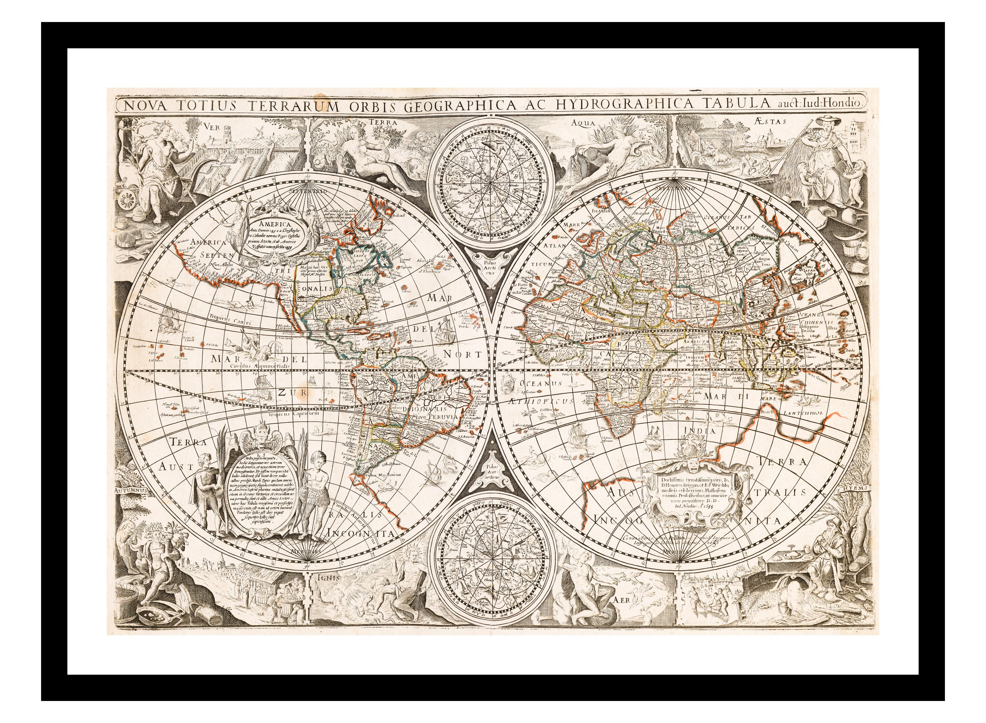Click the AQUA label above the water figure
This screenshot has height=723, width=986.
[x=584, y=123]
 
